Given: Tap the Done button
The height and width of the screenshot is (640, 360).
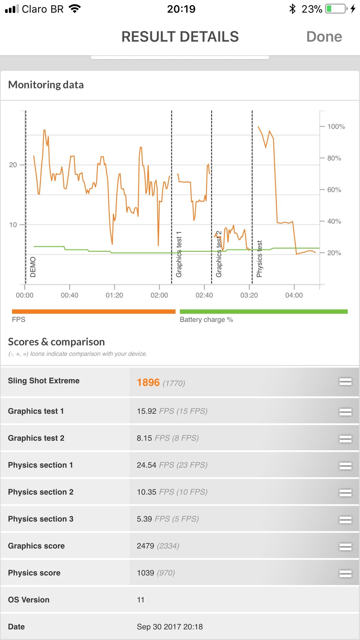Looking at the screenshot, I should pos(324,37).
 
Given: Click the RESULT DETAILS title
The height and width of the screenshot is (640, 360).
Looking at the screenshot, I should pos(180,37).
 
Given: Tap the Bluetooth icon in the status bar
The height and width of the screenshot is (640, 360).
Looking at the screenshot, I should pos(292,9).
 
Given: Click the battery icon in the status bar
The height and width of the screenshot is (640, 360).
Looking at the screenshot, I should pos(336,9).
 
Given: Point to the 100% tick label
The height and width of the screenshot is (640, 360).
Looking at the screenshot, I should pos(336,126).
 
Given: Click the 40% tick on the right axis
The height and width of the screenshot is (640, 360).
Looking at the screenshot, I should pos(334,221).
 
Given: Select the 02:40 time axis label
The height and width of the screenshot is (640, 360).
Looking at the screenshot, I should pos(204,295).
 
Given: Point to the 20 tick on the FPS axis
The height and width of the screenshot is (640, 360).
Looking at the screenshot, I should pos(13,165).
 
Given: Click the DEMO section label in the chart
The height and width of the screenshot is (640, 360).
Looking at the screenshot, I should pos(33,267).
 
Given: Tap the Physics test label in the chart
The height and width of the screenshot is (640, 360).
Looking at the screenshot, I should pos(259,259).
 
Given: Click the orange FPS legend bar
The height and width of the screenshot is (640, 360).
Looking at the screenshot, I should pos(94,312).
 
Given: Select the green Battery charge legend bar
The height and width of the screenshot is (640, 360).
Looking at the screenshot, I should pos(264,312).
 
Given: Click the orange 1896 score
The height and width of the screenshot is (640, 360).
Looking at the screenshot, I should pos(148,382).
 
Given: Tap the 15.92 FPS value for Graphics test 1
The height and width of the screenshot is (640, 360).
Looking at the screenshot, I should pos(147,411).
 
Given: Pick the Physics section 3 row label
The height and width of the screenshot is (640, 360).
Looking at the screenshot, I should pos(41,519).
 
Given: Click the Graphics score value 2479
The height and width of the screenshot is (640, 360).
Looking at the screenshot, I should pos(145,546).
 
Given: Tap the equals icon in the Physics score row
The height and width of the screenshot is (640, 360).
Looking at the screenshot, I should pos(345,573).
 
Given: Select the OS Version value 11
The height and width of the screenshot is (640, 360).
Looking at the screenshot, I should pos(141,600).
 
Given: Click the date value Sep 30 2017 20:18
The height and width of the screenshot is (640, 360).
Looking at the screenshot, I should pos(170,627).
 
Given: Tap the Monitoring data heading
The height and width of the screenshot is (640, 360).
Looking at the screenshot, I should pos(46,85).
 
